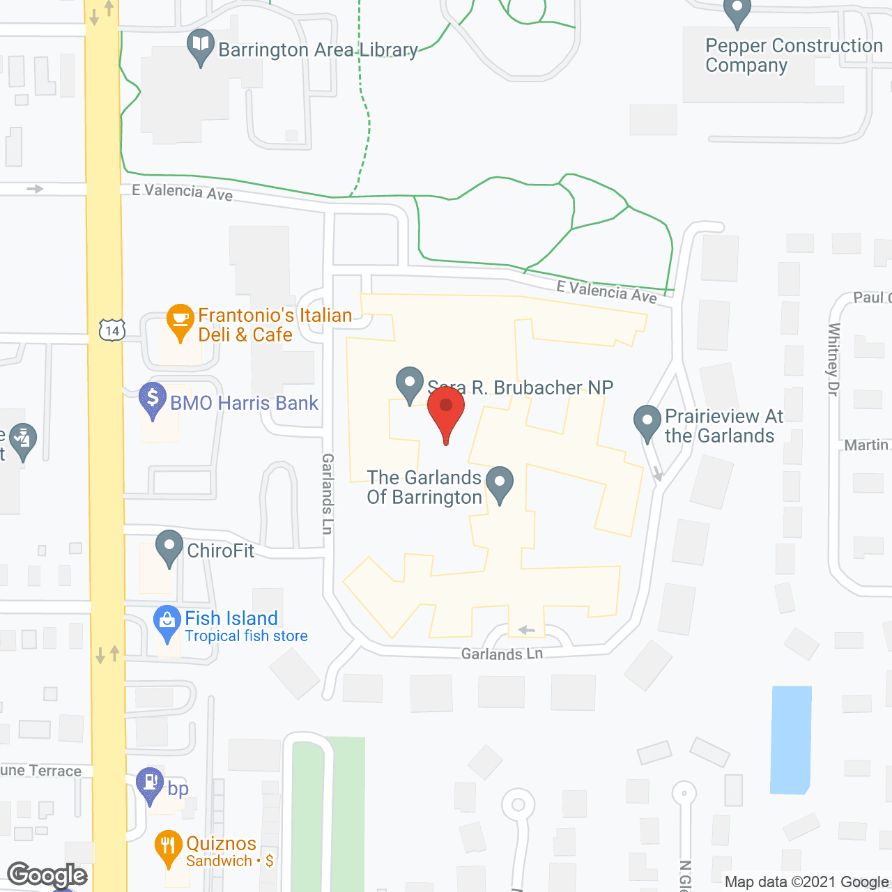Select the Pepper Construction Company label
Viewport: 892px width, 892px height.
(793, 55)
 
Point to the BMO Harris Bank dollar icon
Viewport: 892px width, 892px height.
(153, 399)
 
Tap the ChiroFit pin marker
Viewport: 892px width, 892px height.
(169, 547)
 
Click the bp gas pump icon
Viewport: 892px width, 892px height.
(150, 783)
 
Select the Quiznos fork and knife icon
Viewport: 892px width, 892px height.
(168, 846)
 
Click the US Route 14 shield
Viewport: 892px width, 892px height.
(111, 330)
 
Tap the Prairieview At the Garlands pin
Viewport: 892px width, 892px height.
(647, 422)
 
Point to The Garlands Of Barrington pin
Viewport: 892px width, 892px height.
(499, 483)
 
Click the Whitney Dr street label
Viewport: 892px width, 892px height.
(833, 360)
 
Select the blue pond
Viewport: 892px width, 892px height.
(791, 739)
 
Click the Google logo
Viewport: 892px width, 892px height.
(47, 875)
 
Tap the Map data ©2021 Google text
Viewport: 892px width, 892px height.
(807, 882)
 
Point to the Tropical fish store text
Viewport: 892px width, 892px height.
(246, 636)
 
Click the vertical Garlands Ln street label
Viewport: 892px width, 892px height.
(328, 493)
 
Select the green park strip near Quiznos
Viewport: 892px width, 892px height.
(328, 815)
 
